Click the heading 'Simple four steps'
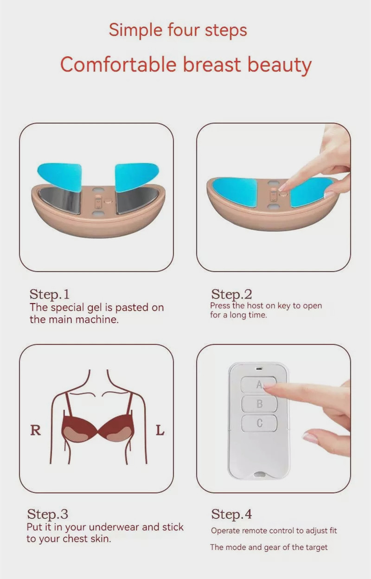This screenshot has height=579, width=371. click(178, 30)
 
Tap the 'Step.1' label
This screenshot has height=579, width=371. click(49, 294)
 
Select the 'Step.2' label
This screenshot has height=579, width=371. click(231, 294)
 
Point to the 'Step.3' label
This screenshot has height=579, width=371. click(47, 514)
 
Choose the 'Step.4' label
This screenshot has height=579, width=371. click(231, 514)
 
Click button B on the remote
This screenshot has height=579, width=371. click(259, 404)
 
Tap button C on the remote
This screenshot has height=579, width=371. click(259, 423)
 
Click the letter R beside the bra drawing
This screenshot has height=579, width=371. click(35, 431)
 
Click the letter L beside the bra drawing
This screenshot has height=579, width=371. click(160, 431)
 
